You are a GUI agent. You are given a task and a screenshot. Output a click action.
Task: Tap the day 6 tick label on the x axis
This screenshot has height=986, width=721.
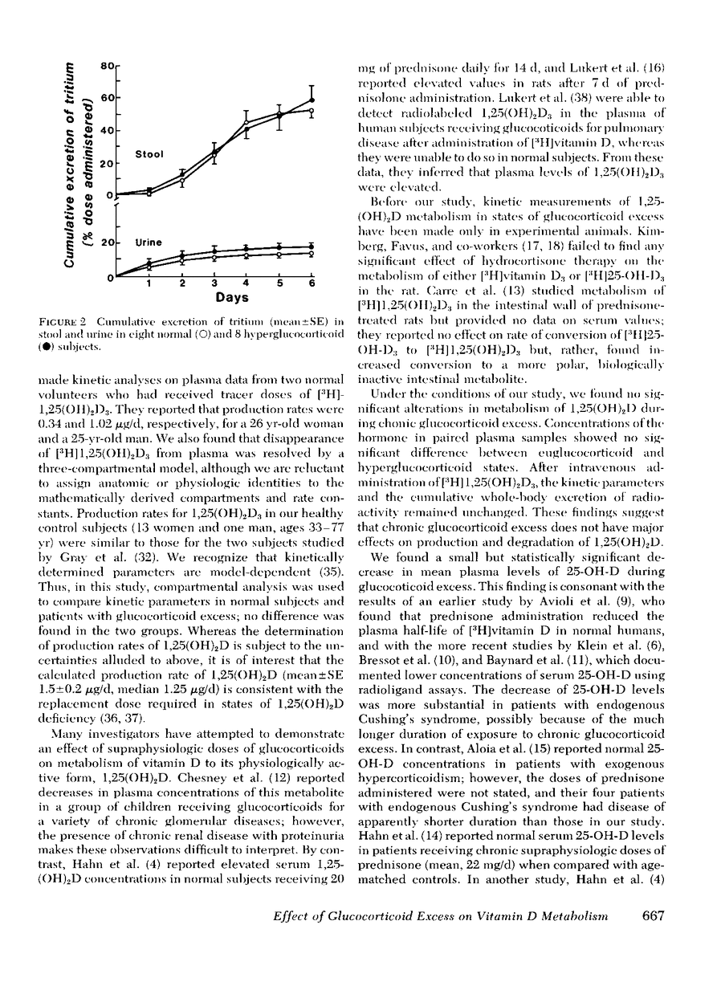pos(312,283)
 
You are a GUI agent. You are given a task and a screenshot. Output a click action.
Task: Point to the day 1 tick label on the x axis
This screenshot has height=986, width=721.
pos(149,283)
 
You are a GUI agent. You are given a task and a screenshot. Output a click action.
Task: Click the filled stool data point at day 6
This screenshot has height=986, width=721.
pos(312,100)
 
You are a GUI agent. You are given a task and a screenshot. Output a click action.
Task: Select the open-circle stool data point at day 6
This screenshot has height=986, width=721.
pos(312,111)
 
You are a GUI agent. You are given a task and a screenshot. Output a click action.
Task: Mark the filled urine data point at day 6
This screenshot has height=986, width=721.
pos(312,246)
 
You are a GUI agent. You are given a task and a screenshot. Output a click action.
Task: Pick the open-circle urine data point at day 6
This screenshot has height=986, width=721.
pos(312,253)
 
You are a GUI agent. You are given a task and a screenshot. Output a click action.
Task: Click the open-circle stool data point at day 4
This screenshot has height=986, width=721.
pos(246,128)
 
